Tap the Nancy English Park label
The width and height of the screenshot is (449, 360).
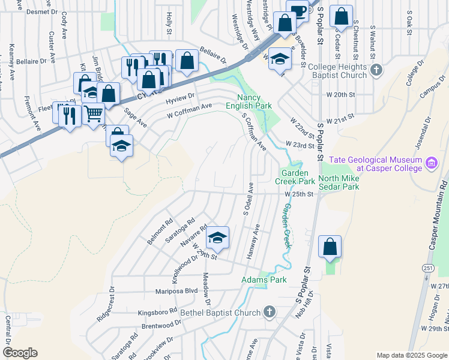click(255, 101)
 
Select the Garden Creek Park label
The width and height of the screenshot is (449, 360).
click(295, 176)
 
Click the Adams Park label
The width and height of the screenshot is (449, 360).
click(264, 280)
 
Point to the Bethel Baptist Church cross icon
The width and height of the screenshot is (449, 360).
click(270, 312)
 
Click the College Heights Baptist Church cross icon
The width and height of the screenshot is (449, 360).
click(376, 70)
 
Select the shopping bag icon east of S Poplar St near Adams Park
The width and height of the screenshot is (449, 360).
click(330, 246)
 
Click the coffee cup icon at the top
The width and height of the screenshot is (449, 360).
click(297, 10)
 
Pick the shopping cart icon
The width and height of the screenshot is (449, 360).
click(93, 112)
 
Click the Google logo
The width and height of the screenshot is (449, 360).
click(20, 353)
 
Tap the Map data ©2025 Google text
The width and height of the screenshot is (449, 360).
click(412, 355)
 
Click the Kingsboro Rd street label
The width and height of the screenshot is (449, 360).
click(158, 313)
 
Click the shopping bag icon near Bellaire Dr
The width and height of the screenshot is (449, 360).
click(187, 60)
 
